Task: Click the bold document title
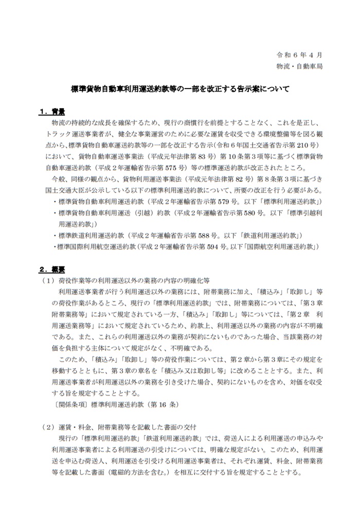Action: coord(179,88)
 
